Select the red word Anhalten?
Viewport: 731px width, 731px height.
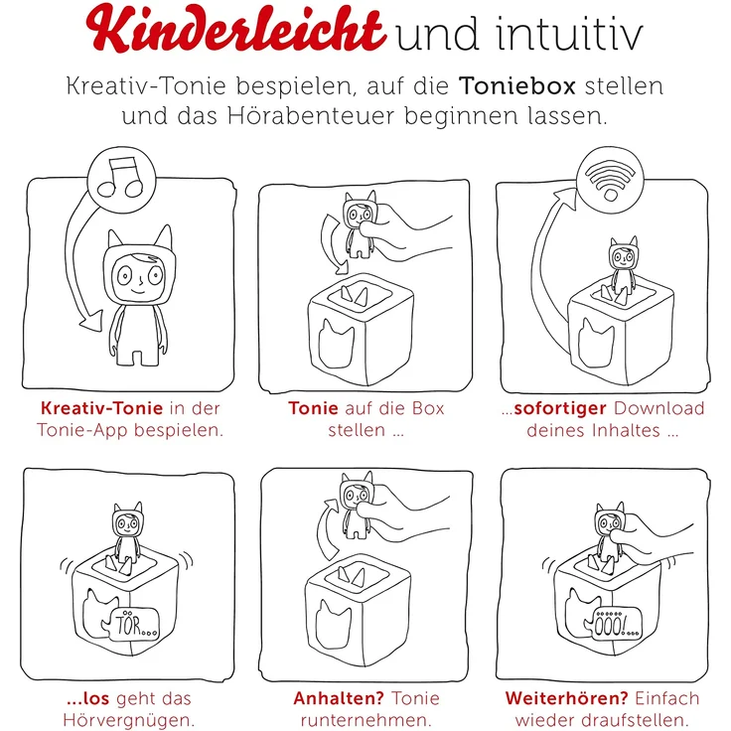339,698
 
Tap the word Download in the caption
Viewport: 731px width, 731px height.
659,408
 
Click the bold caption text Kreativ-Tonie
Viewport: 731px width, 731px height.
97,408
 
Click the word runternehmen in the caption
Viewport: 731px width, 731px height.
365,721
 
